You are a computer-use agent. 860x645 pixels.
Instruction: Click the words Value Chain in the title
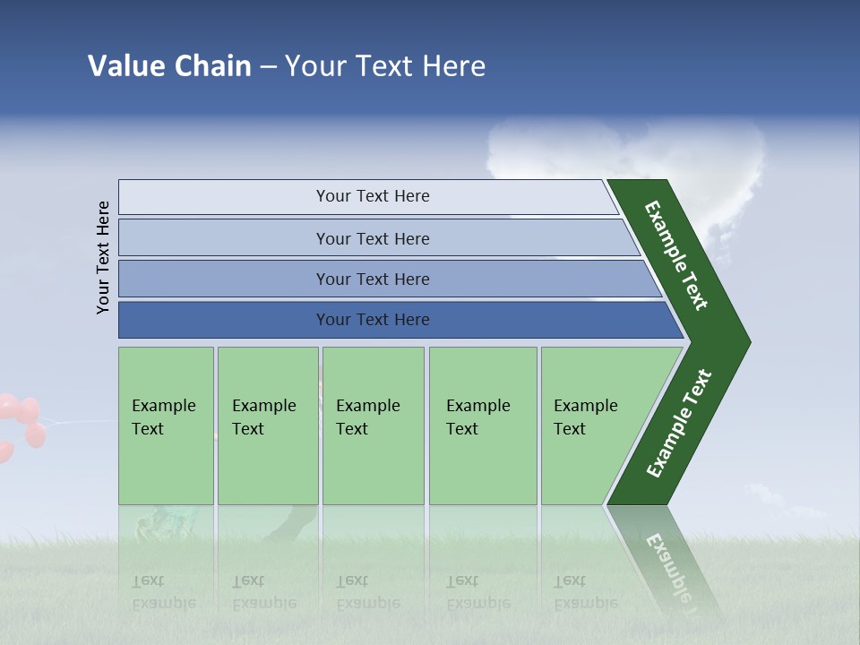169,66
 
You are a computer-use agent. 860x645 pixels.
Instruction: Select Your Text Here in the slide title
385,66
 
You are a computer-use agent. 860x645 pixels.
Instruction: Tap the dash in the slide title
268,67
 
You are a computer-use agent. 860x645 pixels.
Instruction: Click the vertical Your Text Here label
103,257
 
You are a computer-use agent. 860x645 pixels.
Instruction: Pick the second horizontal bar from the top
372,238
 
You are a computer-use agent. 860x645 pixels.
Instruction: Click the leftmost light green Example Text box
166,426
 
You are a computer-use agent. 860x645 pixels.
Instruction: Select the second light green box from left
267,426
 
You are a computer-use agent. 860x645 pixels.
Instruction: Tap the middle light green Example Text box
373,426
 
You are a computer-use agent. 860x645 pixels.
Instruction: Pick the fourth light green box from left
482,426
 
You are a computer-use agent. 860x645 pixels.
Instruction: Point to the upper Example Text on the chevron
676,255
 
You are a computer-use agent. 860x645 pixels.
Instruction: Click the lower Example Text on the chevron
678,424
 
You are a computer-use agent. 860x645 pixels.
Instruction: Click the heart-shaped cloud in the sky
627,161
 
